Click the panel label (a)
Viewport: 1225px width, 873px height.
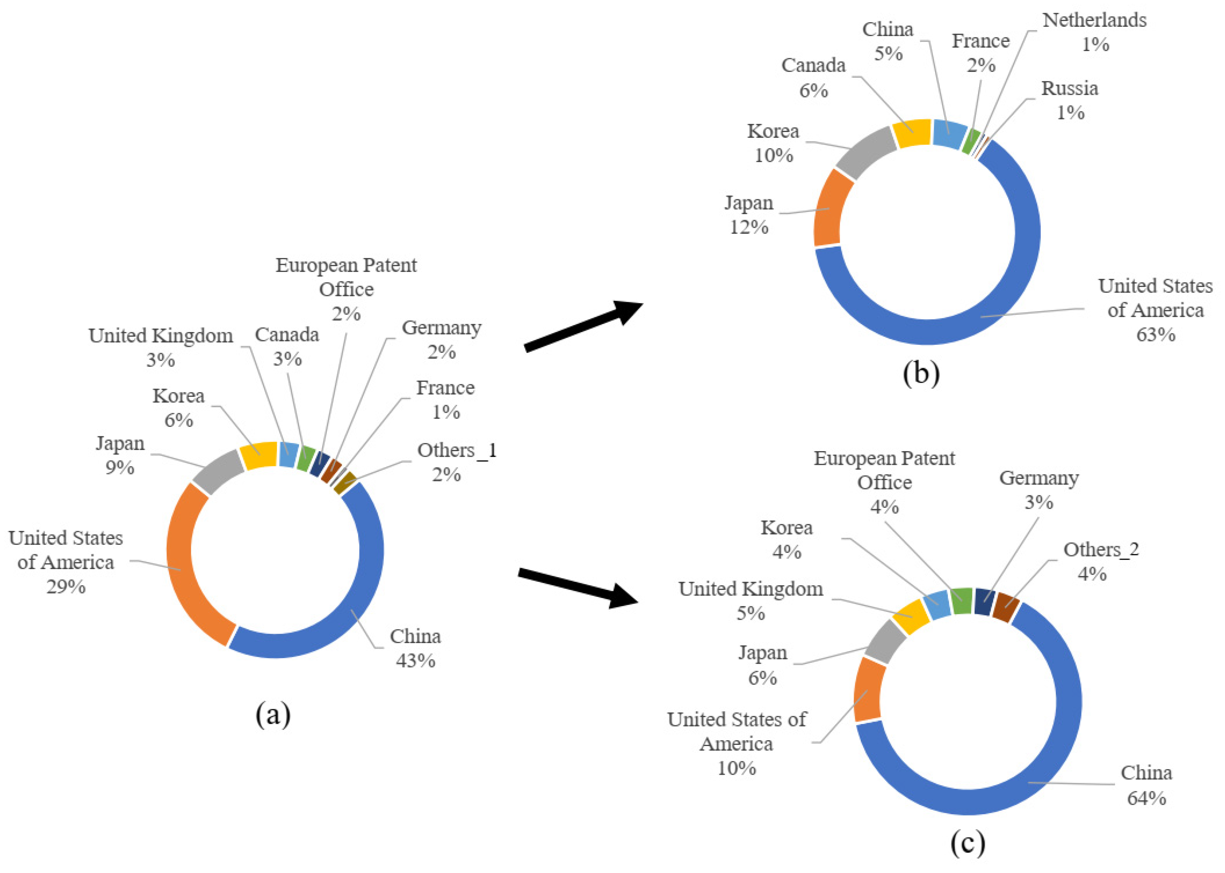click(x=273, y=715)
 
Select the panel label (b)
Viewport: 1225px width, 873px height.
click(x=921, y=373)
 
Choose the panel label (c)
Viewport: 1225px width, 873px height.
click(x=968, y=843)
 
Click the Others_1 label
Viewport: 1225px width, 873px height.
click(x=457, y=450)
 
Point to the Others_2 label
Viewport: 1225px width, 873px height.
click(x=1101, y=549)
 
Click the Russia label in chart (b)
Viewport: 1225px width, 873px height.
click(x=1070, y=88)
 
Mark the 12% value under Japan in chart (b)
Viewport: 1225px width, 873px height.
click(x=749, y=227)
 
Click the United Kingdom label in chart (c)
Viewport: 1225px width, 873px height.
click(x=750, y=589)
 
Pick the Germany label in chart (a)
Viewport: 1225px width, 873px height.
click(x=441, y=328)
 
